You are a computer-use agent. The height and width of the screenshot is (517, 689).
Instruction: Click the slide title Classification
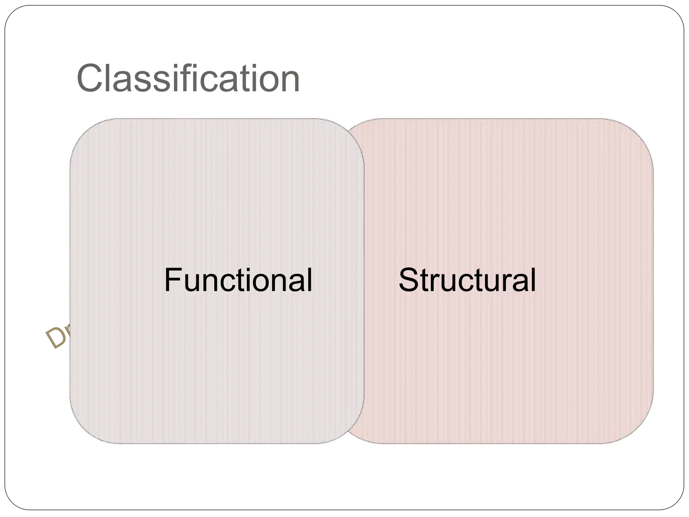tap(188, 79)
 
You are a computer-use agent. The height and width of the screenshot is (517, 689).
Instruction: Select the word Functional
tap(238, 280)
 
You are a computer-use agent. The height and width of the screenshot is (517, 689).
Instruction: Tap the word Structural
tap(467, 280)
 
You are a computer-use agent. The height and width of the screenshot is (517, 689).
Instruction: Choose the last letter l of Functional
tap(309, 280)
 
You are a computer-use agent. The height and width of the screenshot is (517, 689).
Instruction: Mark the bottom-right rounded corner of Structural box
tap(639, 429)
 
